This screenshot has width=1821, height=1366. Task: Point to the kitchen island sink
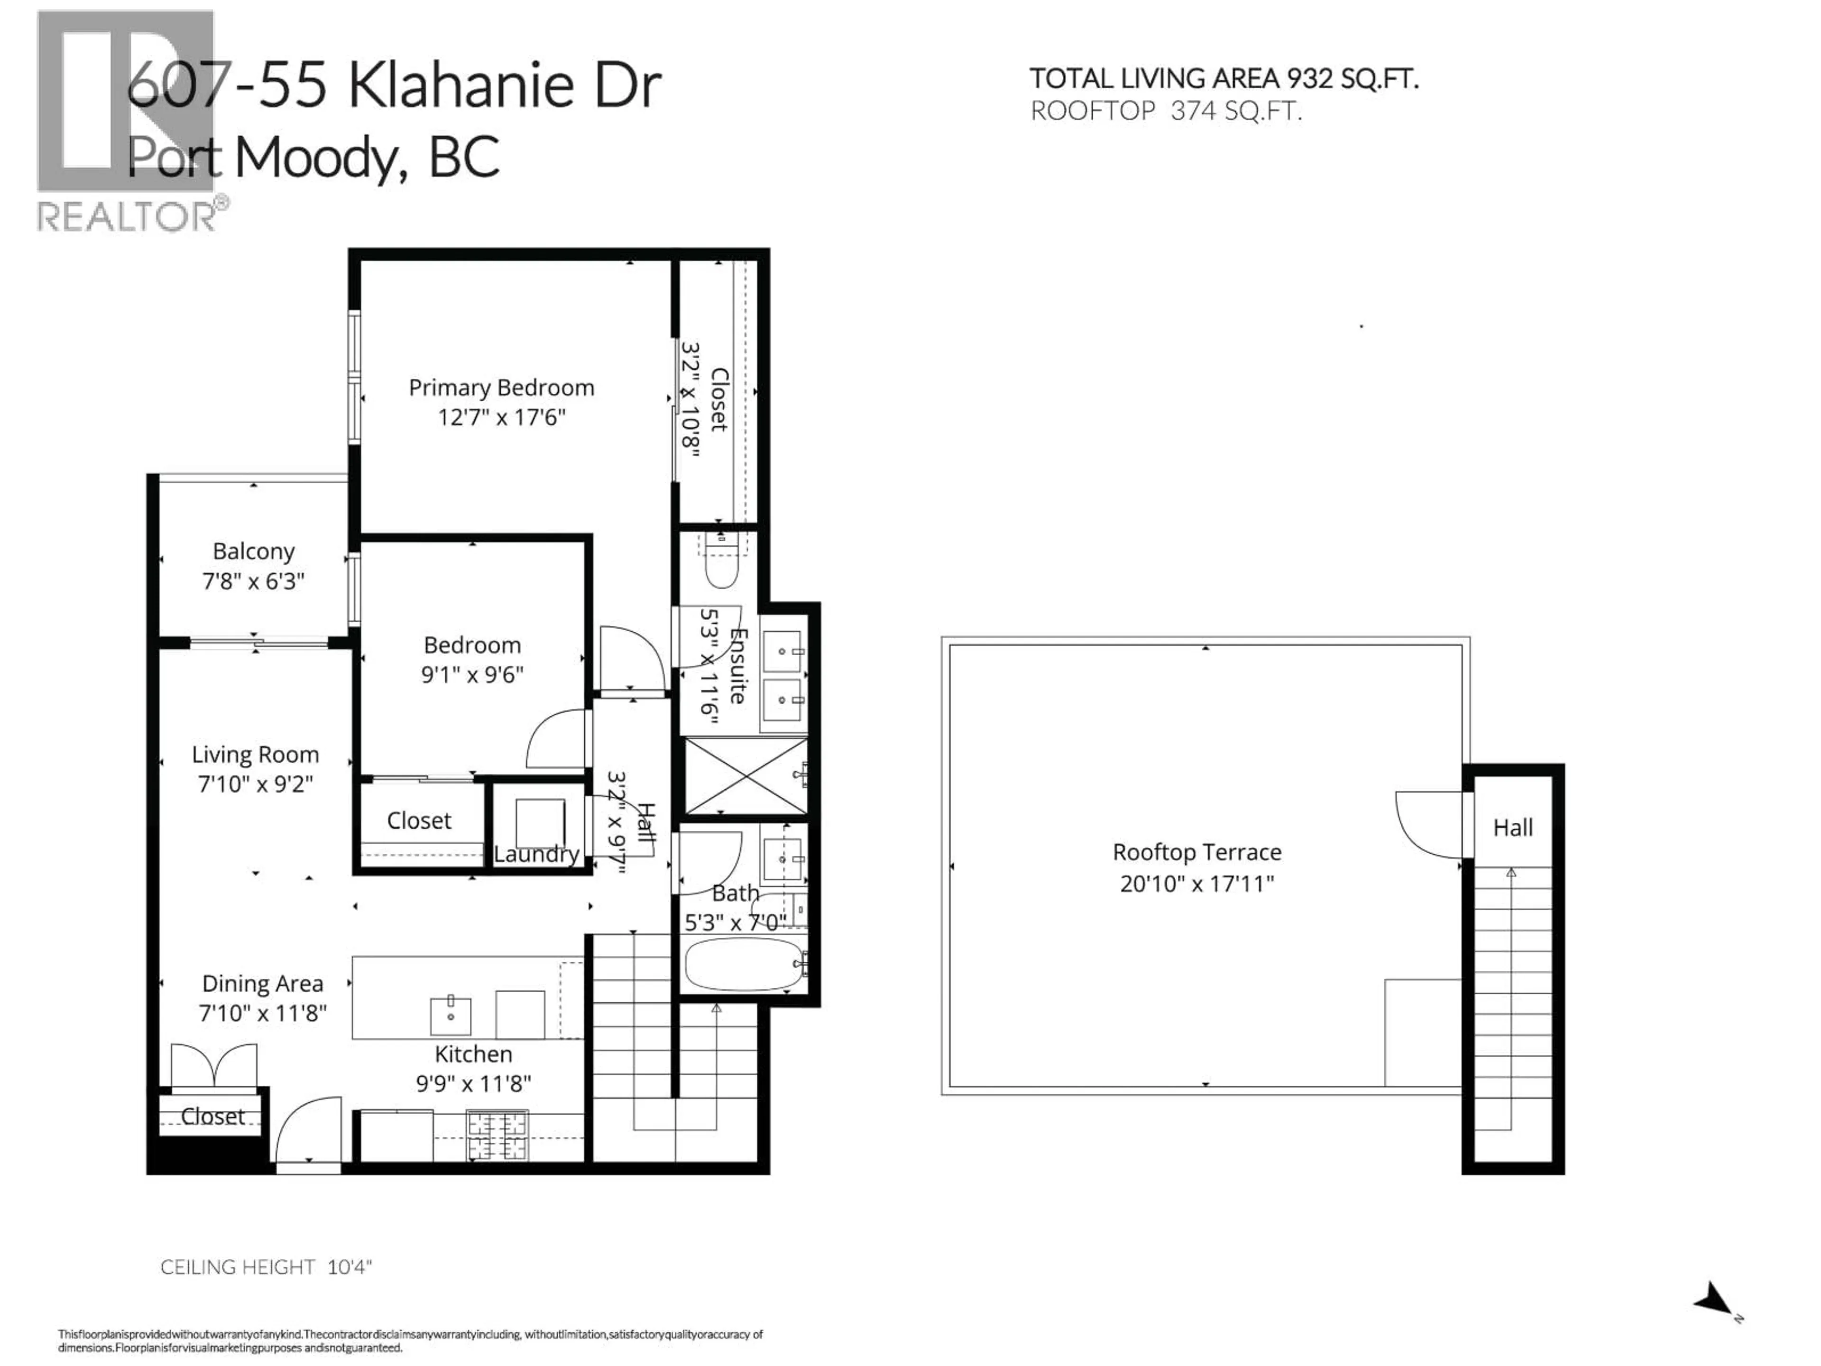coord(451,1015)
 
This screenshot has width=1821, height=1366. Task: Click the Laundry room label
coord(536,854)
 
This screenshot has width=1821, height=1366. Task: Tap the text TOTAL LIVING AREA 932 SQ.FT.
coord(1223,79)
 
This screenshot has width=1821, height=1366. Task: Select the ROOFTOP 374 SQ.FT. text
coord(1166,111)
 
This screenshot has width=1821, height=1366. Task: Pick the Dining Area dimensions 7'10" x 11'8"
coord(263,1013)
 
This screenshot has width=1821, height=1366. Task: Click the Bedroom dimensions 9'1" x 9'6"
coord(472,674)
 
